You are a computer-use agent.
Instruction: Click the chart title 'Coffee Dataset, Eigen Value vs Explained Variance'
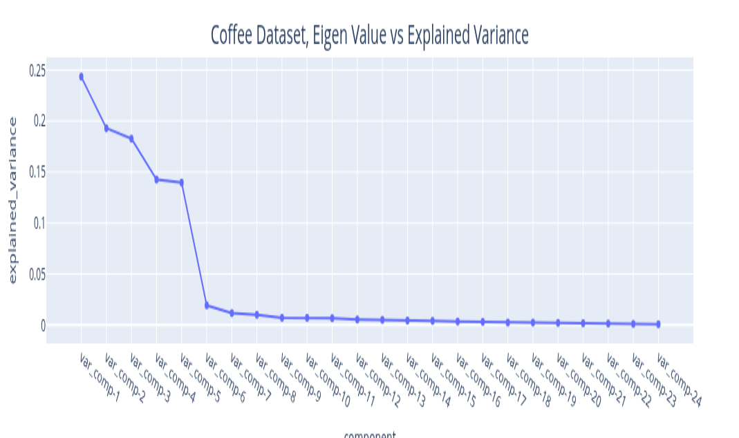369,34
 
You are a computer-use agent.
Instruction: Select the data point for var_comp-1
81,77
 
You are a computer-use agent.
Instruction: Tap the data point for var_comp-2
106,128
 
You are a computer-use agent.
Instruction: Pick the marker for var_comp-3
131,138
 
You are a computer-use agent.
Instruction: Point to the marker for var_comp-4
156,180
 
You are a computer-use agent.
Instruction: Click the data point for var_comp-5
182,183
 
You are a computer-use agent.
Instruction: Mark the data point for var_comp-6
207,305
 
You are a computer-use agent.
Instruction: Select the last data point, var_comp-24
658,324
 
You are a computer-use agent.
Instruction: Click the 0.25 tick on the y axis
37,71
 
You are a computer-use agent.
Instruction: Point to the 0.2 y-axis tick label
39,121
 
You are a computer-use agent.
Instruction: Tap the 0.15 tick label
37,172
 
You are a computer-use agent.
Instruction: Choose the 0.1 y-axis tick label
39,223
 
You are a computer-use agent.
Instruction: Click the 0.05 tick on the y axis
37,274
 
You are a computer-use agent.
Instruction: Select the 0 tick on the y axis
42,325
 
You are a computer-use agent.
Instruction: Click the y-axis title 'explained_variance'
12,199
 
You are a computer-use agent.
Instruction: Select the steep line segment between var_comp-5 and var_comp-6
194,244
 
